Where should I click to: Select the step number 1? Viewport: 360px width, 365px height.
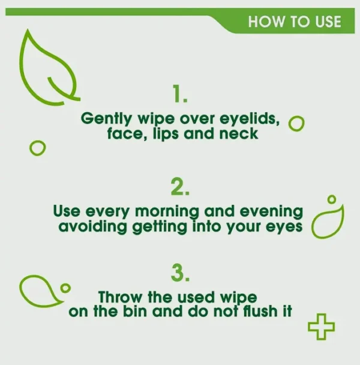point(179,93)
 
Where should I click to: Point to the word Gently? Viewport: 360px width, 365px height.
point(106,119)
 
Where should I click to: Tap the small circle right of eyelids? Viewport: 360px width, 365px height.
point(296,123)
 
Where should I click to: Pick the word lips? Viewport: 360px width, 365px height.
point(166,134)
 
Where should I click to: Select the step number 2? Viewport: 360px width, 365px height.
point(180,186)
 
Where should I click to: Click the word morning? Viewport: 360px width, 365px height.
point(167,212)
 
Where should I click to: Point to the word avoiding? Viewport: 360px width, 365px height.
point(93,227)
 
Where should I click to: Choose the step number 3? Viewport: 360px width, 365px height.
point(180,273)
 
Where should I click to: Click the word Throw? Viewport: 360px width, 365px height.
point(120,297)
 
